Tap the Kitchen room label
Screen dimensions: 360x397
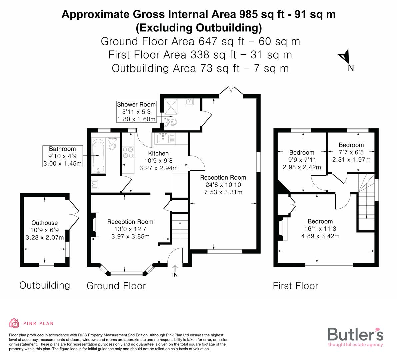[158, 153]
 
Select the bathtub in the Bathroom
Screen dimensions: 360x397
[97, 156]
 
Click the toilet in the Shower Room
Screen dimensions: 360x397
[172, 122]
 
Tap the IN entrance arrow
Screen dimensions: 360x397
[175, 269]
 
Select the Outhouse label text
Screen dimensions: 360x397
[45, 223]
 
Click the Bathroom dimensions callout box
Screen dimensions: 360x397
[62, 156]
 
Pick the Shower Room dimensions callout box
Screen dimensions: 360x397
[136, 112]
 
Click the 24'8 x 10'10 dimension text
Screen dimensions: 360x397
[223, 185]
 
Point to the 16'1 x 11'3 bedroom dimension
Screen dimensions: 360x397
[320, 229]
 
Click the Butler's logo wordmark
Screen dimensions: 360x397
[355, 334]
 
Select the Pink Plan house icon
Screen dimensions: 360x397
[14, 323]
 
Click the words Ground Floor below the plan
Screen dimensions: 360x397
[116, 286]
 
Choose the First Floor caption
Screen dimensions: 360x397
[295, 286]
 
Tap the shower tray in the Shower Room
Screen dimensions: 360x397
[173, 106]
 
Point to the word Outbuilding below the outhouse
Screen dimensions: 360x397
[45, 285]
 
